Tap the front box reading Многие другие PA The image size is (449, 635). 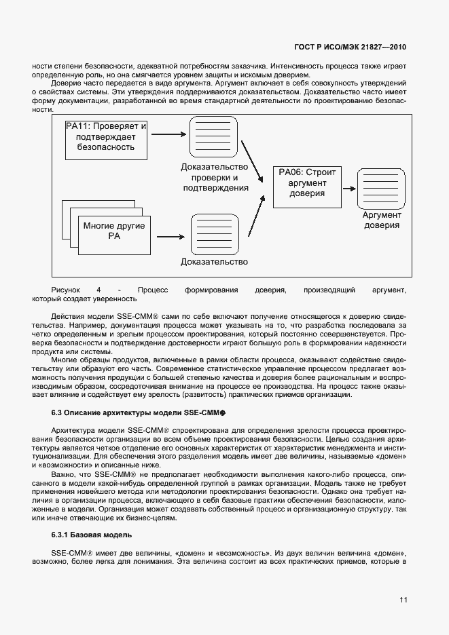[114, 231]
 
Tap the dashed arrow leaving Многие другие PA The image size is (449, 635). [170, 237]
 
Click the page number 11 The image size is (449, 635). [403, 600]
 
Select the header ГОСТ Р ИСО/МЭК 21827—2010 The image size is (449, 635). [350, 47]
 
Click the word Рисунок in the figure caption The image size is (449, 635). [66, 290]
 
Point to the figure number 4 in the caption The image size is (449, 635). [99, 290]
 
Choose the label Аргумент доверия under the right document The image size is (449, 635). [381, 220]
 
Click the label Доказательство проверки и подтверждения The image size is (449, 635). [214, 177]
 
